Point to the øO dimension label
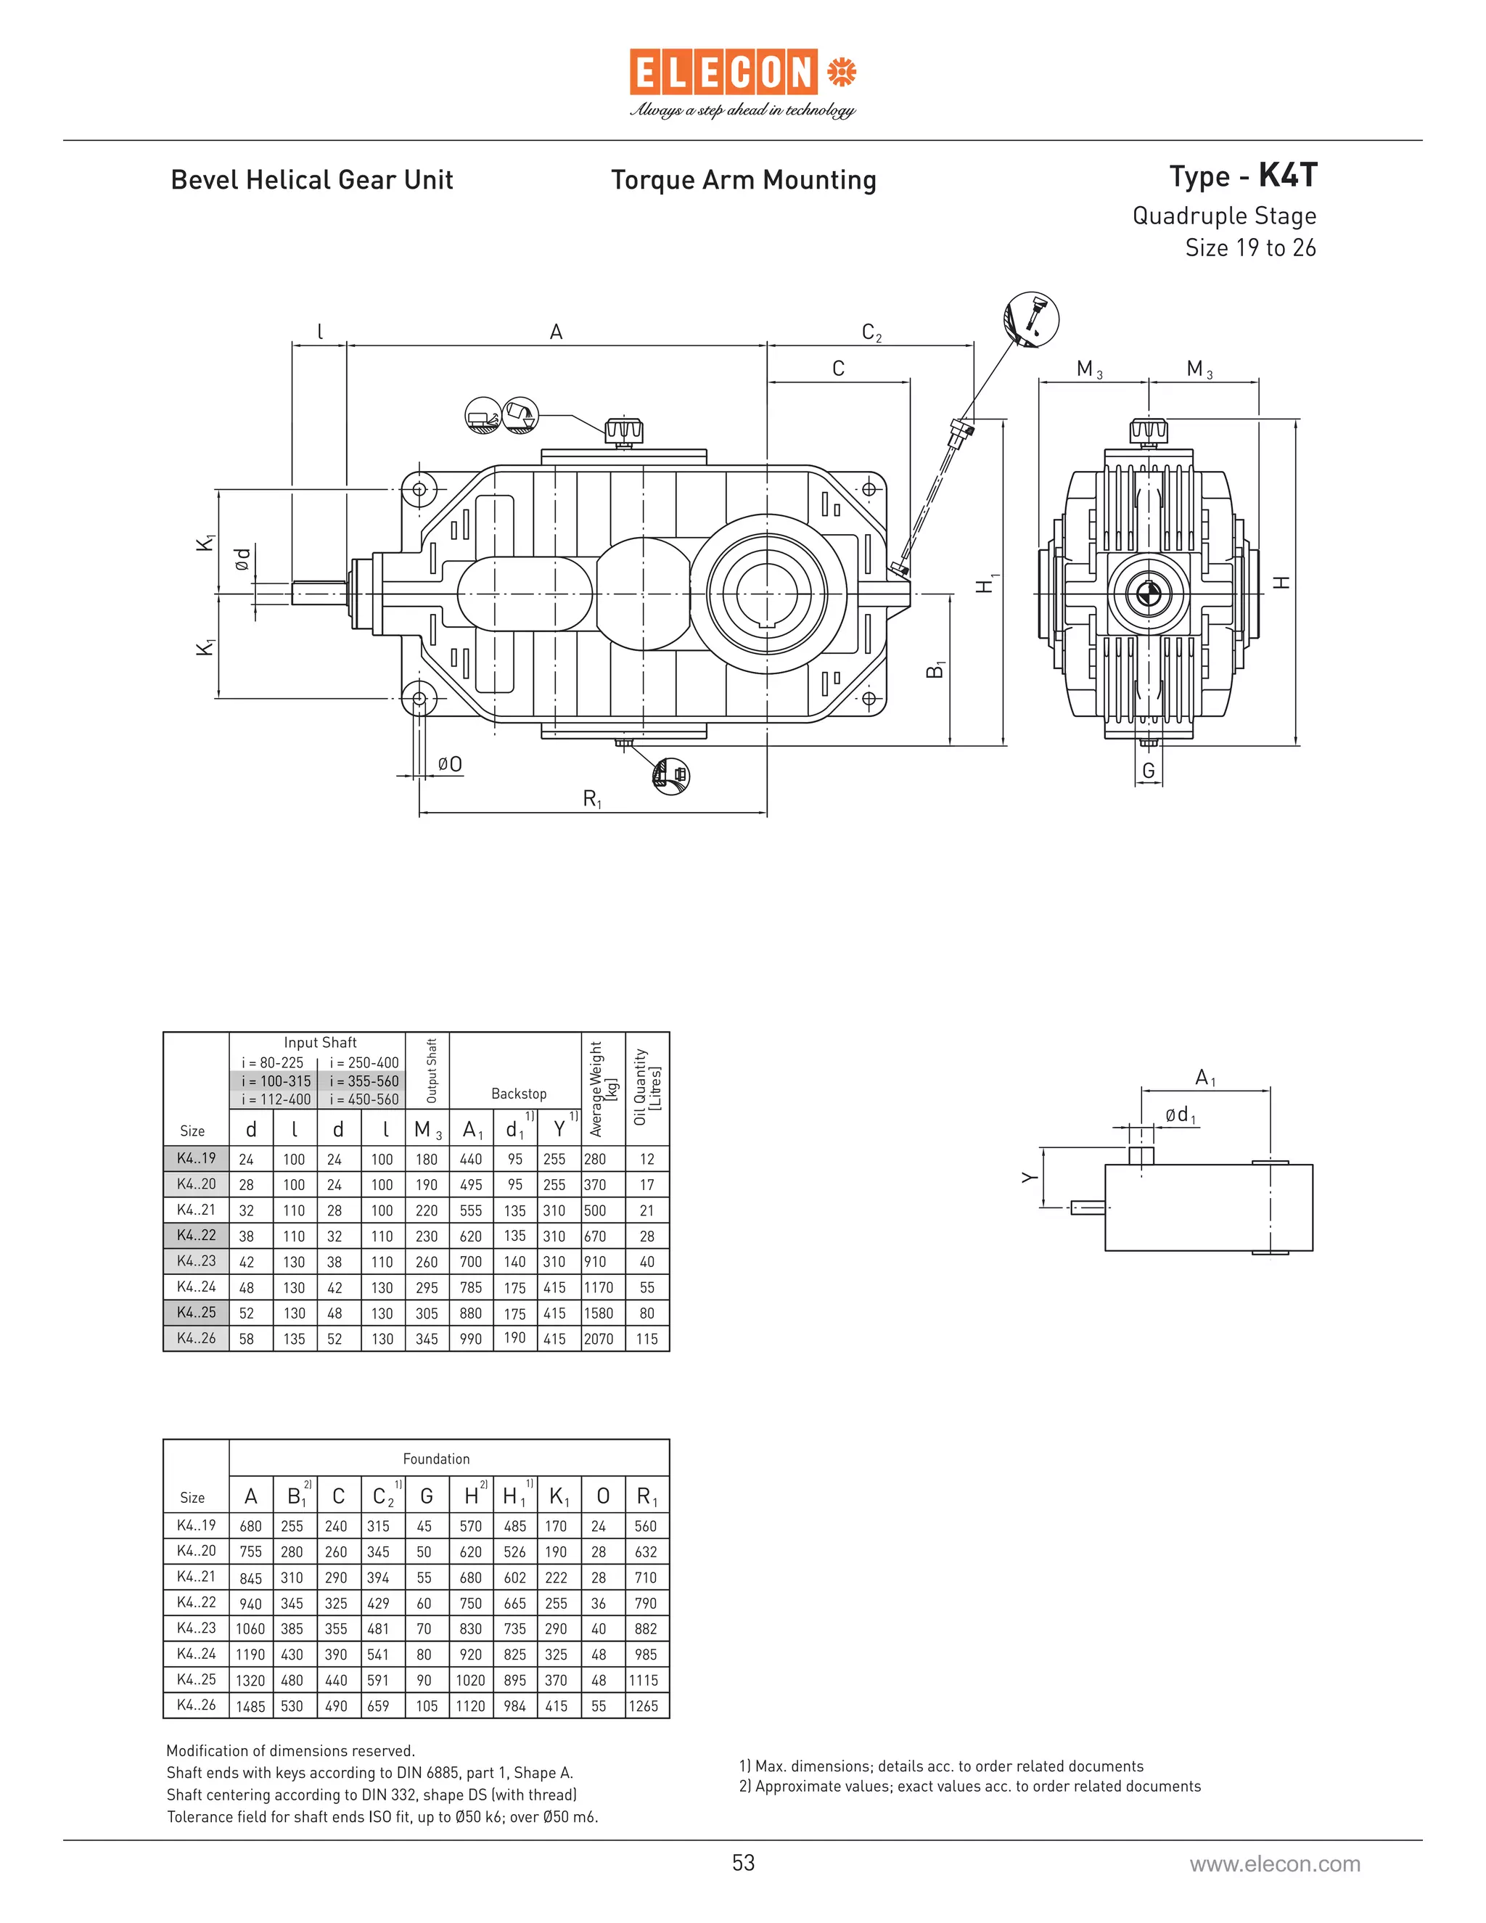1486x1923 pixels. [x=449, y=764]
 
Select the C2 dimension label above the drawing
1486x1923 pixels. [x=871, y=333]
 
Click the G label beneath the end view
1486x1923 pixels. [x=1148, y=771]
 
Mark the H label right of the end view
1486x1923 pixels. [x=1283, y=582]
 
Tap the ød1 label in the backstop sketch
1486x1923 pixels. [x=1180, y=1115]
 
